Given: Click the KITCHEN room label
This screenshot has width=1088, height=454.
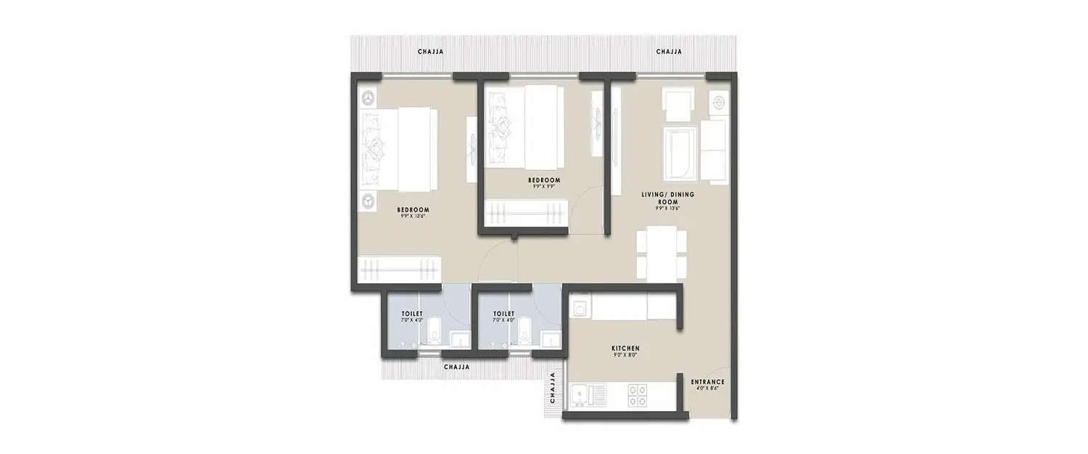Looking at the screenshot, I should click(x=625, y=349).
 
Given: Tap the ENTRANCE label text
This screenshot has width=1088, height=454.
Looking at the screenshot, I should click(x=707, y=381).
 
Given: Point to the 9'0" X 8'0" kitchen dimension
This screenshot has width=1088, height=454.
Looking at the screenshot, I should click(x=625, y=357).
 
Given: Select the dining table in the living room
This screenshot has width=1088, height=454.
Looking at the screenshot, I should click(x=662, y=253).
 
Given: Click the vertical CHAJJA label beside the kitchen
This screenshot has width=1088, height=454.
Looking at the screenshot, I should click(x=553, y=389).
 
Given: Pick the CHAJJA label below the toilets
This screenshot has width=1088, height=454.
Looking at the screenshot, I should click(x=456, y=368).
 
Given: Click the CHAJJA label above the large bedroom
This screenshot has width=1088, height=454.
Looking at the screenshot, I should click(x=430, y=52).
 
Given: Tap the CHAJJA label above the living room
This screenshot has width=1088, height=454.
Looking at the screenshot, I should click(x=668, y=52).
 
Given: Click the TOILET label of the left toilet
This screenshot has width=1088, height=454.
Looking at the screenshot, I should click(x=411, y=314).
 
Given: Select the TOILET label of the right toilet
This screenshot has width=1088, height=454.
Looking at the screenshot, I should click(x=503, y=314).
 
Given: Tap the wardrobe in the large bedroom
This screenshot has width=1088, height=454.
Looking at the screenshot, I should click(x=400, y=269).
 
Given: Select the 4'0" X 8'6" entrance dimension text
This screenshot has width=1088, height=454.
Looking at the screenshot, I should click(x=707, y=389).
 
